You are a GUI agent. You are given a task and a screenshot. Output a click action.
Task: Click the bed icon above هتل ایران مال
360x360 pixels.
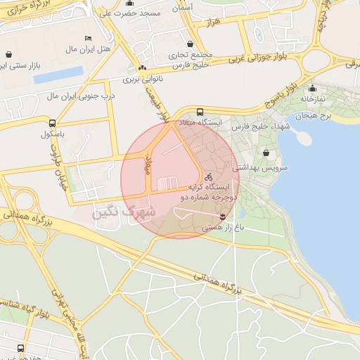88,37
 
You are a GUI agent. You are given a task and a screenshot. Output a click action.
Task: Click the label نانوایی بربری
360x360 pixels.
143,79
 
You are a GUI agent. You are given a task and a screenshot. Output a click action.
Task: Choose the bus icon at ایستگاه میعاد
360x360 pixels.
200,111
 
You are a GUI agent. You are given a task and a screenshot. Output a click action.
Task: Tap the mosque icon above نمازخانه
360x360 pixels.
312,89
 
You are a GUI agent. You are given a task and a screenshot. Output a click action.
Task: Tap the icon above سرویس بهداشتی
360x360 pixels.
266,152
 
